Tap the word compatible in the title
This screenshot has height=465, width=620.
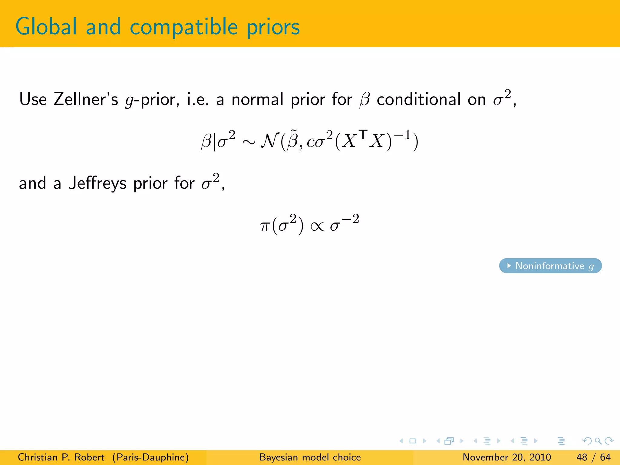pyautogui.click(x=183, y=27)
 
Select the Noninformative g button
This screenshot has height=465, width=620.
pyautogui.click(x=550, y=266)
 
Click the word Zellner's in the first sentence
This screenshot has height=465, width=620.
pyautogui.click(x=86, y=99)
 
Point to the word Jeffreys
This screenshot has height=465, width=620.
pyautogui.click(x=97, y=183)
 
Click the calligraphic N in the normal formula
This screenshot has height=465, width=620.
pyautogui.click(x=270, y=141)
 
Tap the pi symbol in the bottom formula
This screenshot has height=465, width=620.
pyautogui.click(x=265, y=226)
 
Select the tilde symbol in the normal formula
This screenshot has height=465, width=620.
pyautogui.click(x=293, y=131)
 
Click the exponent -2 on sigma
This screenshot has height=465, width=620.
pyautogui.click(x=351, y=219)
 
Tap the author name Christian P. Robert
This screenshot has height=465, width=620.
pyautogui.click(x=61, y=457)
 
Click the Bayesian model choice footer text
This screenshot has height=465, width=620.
pyautogui.click(x=310, y=457)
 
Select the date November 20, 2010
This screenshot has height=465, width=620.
pyautogui.click(x=506, y=457)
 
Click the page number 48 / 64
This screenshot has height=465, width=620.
pyautogui.click(x=593, y=457)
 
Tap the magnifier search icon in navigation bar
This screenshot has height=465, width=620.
pyautogui.click(x=598, y=441)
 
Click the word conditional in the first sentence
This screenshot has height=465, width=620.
pyautogui.click(x=418, y=99)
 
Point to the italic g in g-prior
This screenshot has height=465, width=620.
pyautogui.click(x=129, y=101)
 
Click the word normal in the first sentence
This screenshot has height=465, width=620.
pyautogui.click(x=257, y=99)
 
